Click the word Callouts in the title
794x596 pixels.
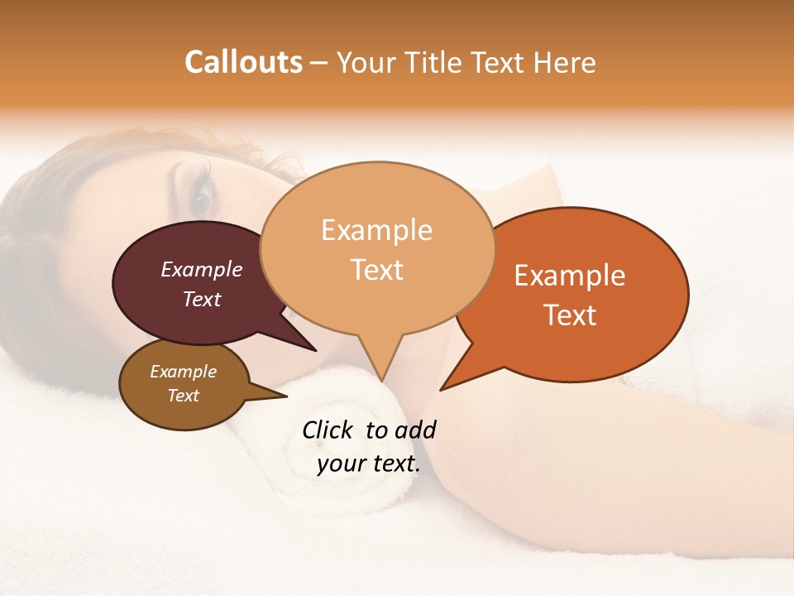tap(243, 62)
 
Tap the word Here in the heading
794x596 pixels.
tap(564, 62)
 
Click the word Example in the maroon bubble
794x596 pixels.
tap(201, 269)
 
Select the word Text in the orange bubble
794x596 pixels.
tap(571, 315)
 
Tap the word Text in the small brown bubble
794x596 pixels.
tap(184, 396)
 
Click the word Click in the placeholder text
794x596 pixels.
tap(328, 430)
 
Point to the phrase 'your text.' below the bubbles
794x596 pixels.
tap(368, 464)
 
